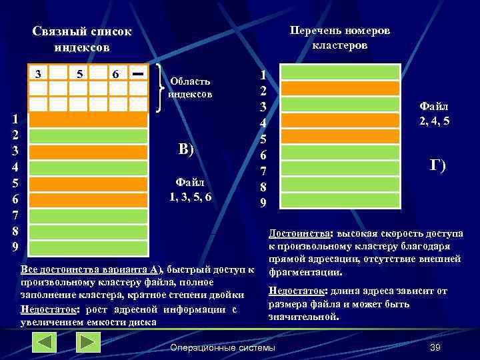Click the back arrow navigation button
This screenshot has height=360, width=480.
point(45,343)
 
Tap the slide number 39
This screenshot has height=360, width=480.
point(436,348)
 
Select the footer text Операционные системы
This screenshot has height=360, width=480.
point(223,348)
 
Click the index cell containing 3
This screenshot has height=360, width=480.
point(38,73)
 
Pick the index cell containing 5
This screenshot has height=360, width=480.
point(79,73)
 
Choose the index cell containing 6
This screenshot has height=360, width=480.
point(116,73)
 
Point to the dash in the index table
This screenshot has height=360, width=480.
point(138,73)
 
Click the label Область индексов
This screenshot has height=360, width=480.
point(191,87)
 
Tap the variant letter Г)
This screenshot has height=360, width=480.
point(437,166)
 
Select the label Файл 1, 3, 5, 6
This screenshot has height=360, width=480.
point(190,189)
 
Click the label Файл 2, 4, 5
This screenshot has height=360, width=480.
point(433,113)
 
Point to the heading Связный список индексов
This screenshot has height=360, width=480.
point(82,39)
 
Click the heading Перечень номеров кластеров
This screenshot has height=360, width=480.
point(340,38)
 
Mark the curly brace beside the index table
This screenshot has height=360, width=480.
point(159,87)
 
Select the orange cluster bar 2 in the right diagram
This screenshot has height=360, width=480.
point(340,88)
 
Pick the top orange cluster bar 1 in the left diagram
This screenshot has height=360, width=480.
point(88,119)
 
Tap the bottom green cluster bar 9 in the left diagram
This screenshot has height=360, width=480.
point(88,249)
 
